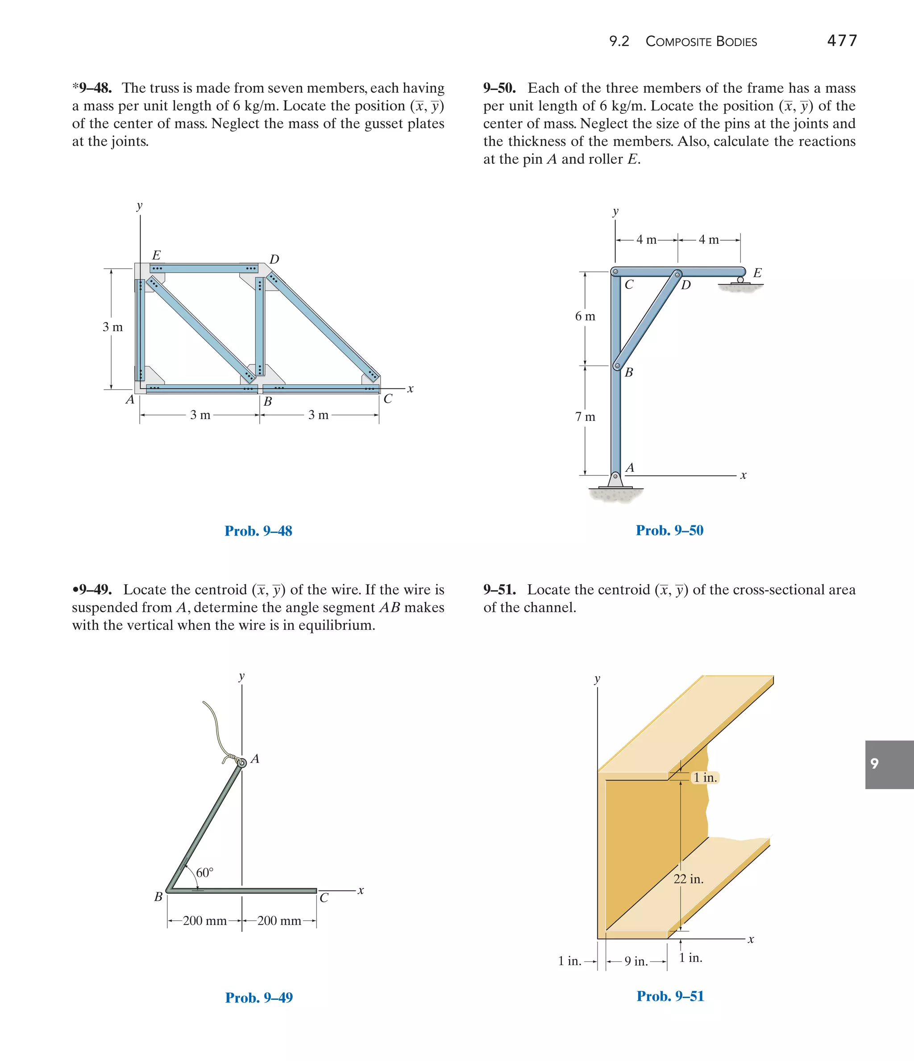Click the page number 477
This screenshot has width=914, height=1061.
click(x=842, y=41)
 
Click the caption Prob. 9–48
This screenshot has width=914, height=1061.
click(x=258, y=531)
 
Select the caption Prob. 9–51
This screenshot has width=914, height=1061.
click(x=670, y=996)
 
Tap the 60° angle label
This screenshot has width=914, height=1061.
click(x=204, y=873)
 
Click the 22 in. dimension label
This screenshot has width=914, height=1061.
click(x=688, y=879)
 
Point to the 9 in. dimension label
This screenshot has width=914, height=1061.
click(x=636, y=961)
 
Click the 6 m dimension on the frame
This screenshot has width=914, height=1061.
click(x=585, y=316)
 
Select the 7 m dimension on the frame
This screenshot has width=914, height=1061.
click(x=585, y=417)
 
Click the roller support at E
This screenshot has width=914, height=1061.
click(x=740, y=281)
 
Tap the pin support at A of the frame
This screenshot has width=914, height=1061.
click(x=615, y=479)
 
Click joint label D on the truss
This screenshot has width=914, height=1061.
click(x=274, y=259)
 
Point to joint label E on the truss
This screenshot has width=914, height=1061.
click(x=156, y=255)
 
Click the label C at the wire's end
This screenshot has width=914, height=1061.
click(x=324, y=898)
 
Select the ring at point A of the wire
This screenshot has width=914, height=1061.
click(x=242, y=762)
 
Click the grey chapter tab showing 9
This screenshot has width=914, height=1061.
click(x=889, y=764)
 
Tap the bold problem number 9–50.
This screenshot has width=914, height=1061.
click(x=499, y=88)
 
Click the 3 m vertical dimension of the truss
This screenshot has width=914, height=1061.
click(x=112, y=327)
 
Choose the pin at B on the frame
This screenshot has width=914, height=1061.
click(x=618, y=366)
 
